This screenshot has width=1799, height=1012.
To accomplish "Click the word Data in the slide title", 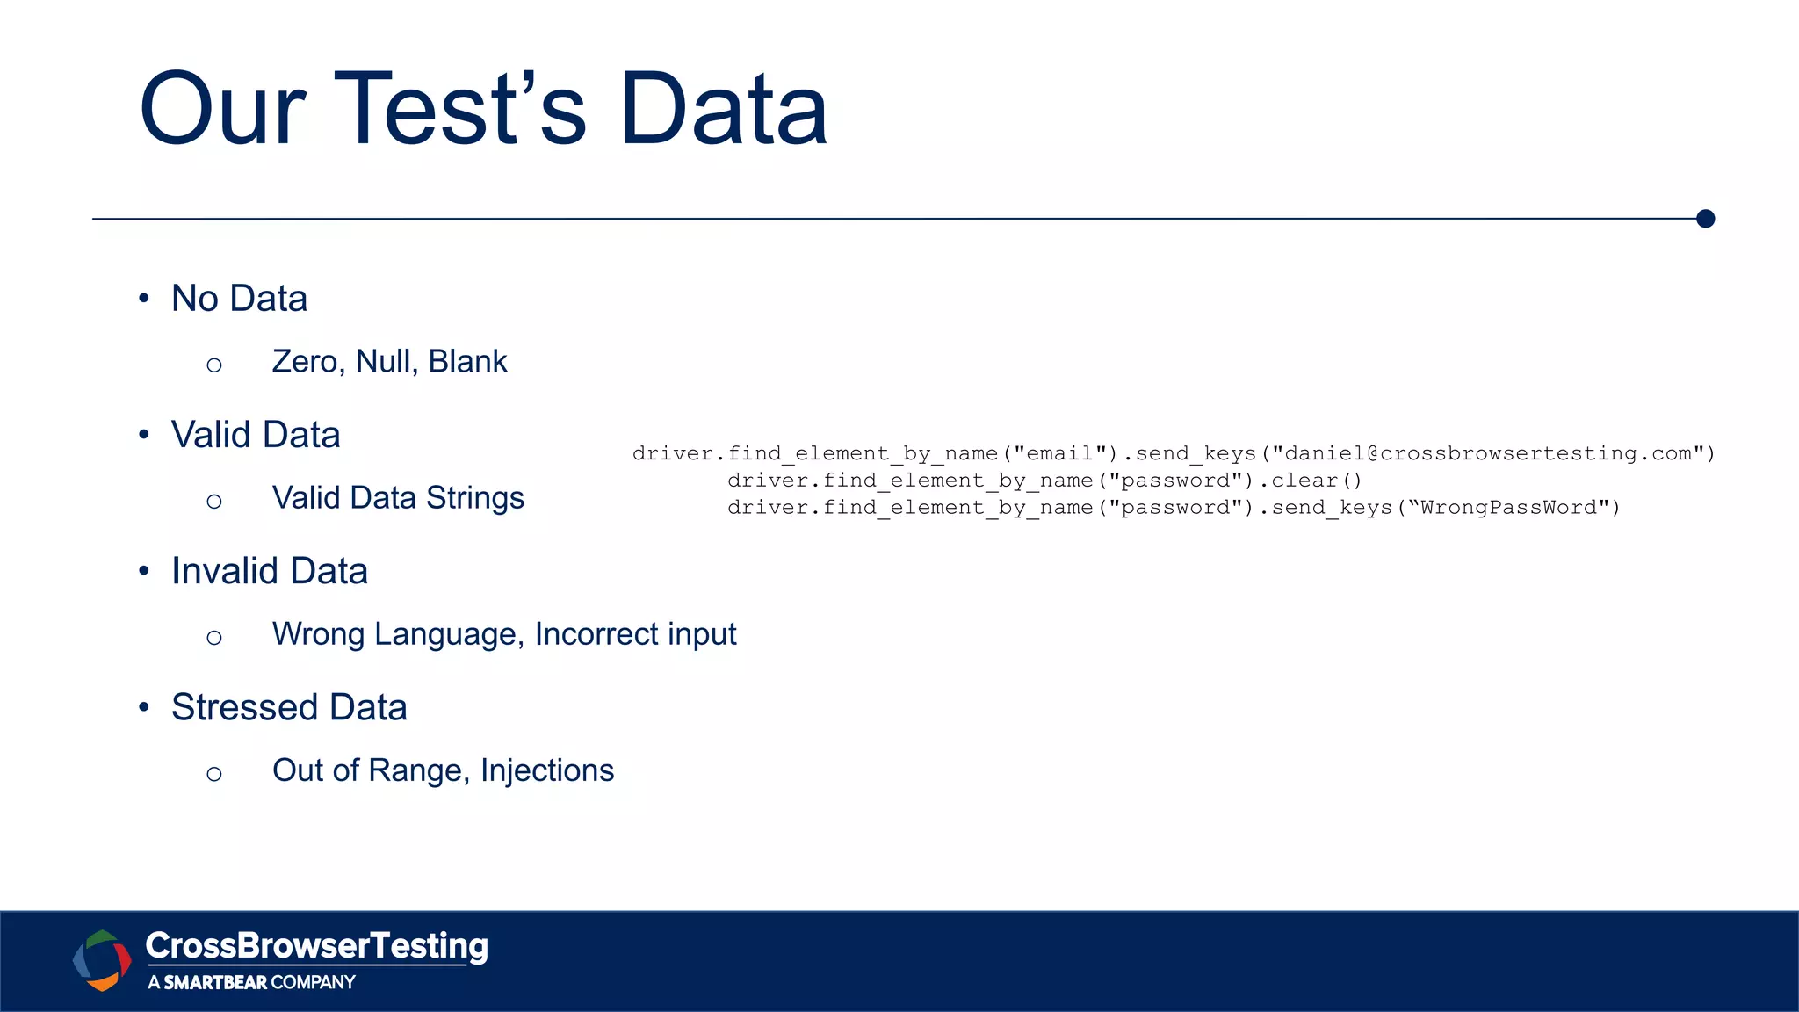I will point(724,110).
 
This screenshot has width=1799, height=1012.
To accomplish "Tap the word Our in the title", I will point(223,110).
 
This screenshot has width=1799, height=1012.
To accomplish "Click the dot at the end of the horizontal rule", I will point(1705,219).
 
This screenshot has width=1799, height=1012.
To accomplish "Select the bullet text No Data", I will point(239,299).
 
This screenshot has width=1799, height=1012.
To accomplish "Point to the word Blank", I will point(467,362).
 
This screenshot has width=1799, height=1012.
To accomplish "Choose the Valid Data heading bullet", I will point(256,435).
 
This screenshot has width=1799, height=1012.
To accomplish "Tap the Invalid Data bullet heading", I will point(269,571).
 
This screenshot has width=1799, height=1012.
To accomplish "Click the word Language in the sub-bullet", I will point(449,635).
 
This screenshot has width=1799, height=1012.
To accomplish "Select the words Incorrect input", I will point(635,634).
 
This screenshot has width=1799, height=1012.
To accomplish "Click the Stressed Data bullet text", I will point(289,707).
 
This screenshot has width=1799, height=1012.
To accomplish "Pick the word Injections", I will point(546,770).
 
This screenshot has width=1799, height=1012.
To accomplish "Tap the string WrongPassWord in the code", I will point(1508,508).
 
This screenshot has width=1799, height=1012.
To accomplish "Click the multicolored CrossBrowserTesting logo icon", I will point(102,960).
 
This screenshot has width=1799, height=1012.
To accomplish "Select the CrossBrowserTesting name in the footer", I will point(316,946).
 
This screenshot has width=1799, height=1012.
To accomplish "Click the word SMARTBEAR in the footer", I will point(215,982).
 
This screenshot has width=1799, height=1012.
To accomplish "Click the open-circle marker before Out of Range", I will point(214,774).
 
